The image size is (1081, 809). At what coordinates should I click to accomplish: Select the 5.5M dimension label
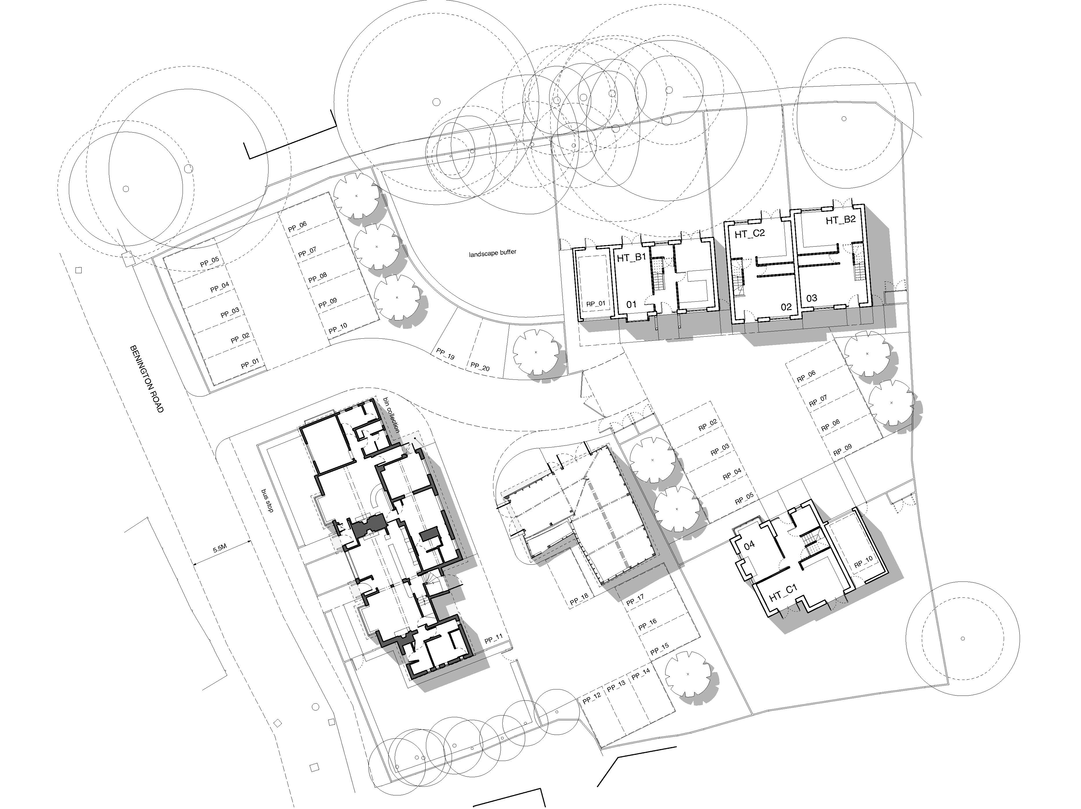coord(219,549)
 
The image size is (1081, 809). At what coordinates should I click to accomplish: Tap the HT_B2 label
coord(841,220)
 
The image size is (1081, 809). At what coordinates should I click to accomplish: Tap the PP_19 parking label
coord(446,354)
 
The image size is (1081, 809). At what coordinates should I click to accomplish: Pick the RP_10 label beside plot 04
coord(863,562)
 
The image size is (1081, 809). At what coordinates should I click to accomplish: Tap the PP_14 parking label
coord(641,675)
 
